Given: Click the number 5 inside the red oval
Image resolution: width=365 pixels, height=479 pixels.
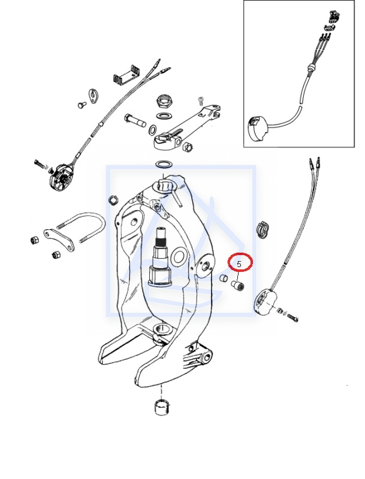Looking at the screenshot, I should [239, 262].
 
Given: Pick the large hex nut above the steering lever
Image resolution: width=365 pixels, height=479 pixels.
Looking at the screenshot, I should [164, 99].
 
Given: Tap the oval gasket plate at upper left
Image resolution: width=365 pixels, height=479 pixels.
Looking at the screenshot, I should [93, 95].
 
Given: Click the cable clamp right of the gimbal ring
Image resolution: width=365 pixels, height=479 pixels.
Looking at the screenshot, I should [263, 228].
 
